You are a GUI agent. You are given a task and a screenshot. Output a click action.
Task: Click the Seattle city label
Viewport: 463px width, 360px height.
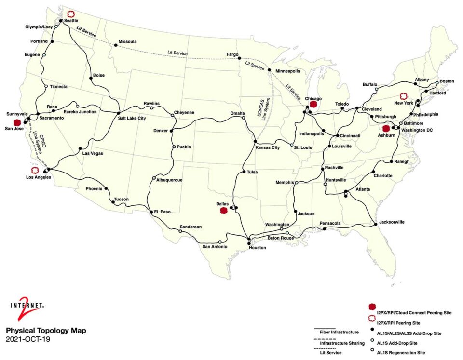72,21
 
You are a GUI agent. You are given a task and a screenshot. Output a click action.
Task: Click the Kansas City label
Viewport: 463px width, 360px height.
268,147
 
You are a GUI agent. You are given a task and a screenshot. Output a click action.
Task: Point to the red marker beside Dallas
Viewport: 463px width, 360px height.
223,211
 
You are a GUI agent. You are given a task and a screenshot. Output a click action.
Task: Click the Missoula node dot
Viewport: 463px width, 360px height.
116,46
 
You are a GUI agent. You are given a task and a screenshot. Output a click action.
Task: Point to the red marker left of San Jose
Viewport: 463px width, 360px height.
17,122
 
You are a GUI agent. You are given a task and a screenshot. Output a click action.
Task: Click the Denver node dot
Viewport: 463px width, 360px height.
171,130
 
